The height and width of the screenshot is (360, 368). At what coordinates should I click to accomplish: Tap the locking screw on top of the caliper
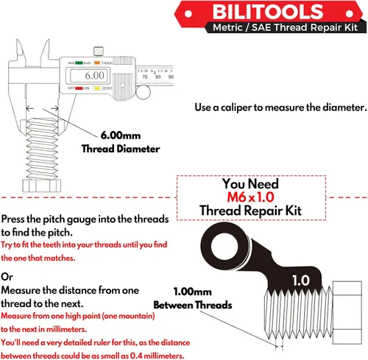96,51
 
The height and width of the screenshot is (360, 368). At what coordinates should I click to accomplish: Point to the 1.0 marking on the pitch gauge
300,280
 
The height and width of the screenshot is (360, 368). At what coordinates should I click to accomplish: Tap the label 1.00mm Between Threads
193,298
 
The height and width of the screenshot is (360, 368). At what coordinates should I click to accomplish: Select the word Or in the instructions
7,276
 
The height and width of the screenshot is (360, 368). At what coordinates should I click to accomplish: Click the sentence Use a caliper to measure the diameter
280,107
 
